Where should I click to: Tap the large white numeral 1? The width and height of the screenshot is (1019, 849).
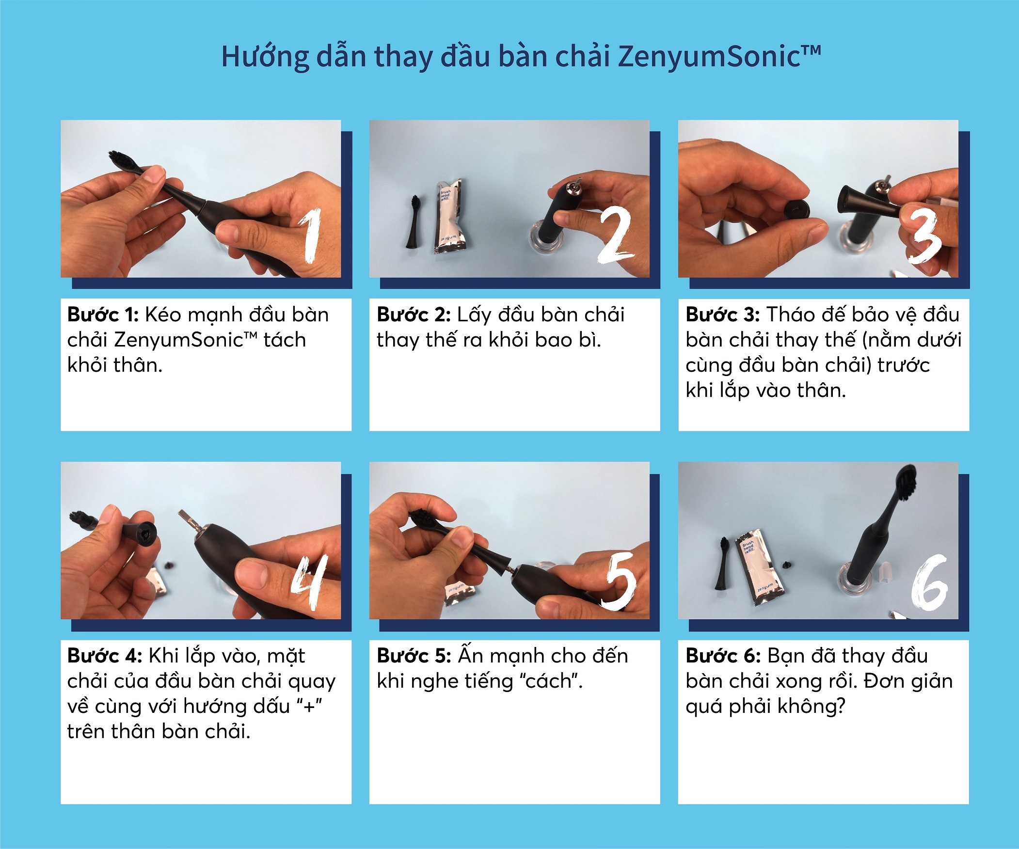[x=311, y=236]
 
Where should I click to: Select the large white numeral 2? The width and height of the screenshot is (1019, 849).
[x=615, y=235]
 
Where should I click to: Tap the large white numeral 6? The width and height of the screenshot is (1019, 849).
[x=929, y=582]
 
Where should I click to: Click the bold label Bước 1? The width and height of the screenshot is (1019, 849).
[x=103, y=314]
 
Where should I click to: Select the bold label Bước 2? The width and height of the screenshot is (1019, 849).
[x=414, y=314]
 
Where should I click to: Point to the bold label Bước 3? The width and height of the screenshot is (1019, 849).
[x=722, y=314]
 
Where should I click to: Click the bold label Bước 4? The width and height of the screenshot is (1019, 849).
[x=104, y=656]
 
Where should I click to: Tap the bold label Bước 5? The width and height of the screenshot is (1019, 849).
[x=414, y=656]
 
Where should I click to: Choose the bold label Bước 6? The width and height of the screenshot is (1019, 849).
[x=723, y=656]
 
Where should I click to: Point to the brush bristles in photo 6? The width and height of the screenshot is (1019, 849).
[x=907, y=482]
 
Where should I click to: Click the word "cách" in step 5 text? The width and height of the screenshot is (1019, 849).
[x=551, y=681]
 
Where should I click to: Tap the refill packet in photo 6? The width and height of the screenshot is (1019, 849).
[x=758, y=568]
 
